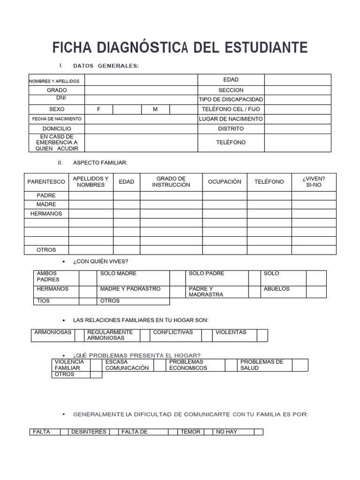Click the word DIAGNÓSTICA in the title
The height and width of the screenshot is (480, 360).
tap(142, 48)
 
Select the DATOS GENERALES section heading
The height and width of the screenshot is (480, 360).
tap(106, 66)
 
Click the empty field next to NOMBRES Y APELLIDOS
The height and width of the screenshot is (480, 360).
tap(141, 80)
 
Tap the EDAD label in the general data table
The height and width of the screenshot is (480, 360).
tap(231, 80)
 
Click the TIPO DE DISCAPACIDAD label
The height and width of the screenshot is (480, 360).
tap(231, 99)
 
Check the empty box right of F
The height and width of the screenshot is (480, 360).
tap(127, 109)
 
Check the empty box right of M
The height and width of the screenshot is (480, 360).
tap(183, 109)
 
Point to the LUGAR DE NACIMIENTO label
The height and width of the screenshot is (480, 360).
tap(231, 119)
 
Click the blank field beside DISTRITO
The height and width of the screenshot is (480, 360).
tap(298, 129)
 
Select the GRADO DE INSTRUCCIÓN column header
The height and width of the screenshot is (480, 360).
tap(171, 182)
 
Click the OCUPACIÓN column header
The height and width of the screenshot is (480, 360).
tap(225, 182)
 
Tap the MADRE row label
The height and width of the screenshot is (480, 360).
tap(46, 204)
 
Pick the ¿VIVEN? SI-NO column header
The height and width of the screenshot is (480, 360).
tap(314, 182)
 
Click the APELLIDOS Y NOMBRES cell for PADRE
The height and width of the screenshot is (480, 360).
tap(91, 195)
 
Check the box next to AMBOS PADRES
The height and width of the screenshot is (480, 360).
tap(87, 277)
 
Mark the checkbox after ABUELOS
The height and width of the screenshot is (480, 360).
tap(316, 292)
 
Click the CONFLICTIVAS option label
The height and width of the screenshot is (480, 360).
tap(173, 332)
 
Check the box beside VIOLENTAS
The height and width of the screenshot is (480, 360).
tap(262, 335)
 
